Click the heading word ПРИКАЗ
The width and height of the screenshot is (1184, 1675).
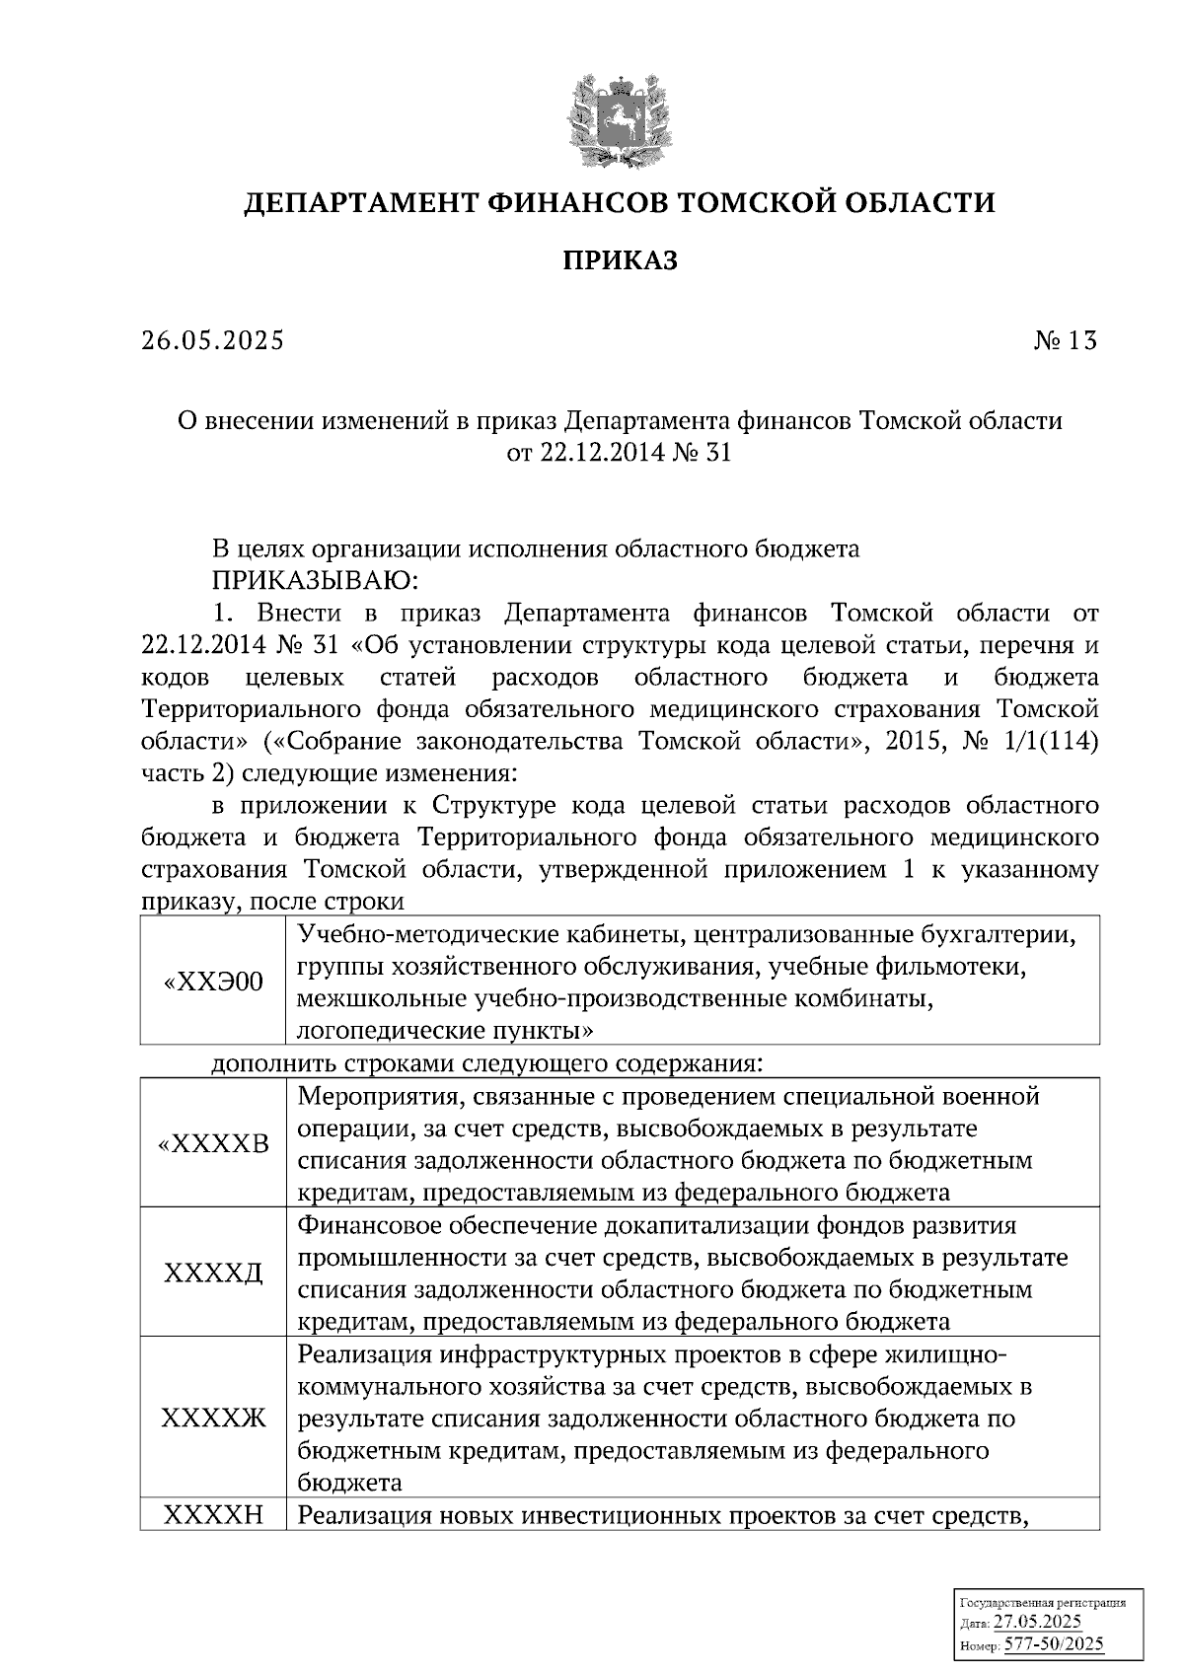pos(620,261)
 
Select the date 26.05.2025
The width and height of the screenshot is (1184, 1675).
pos(211,341)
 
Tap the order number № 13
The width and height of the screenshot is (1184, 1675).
pos(1065,341)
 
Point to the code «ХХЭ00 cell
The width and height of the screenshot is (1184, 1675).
pos(213,982)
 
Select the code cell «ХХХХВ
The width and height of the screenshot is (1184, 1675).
pos(213,1144)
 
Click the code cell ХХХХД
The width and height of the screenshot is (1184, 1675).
pos(213,1274)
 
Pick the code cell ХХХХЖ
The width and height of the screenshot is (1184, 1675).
pos(213,1419)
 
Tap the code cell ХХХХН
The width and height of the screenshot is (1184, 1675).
pos(213,1515)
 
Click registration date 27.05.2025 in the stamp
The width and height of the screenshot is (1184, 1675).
pos(1037,1623)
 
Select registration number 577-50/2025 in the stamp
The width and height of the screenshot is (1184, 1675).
pos(1054,1644)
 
